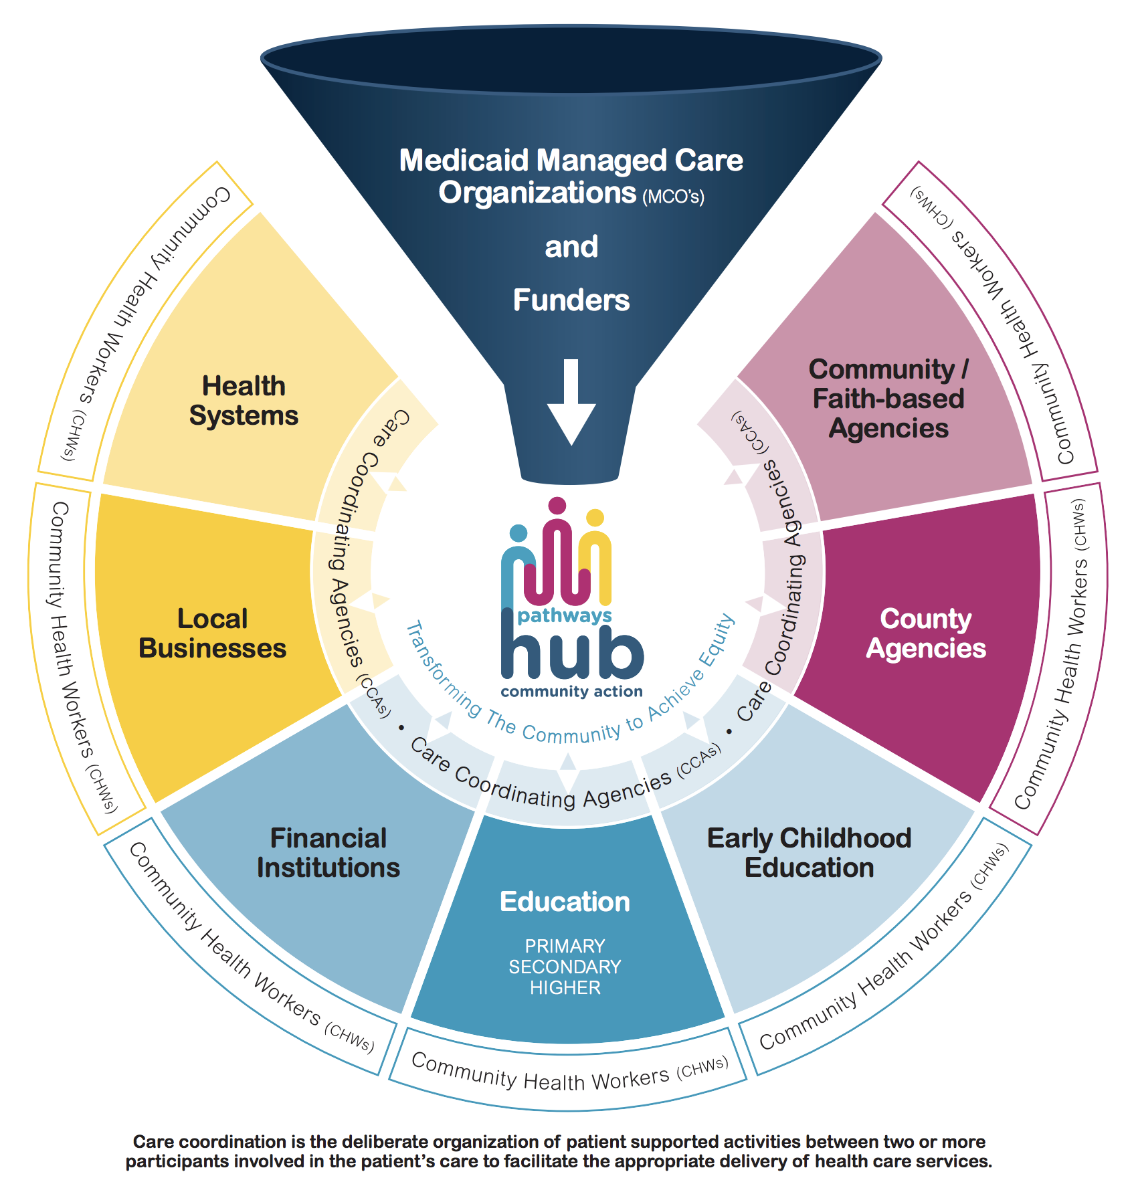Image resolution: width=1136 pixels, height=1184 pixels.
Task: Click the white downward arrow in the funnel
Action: pyautogui.click(x=571, y=401)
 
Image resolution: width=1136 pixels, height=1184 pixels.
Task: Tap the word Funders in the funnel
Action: pyautogui.click(x=571, y=300)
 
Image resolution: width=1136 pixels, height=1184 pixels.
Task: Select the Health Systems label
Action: pyautogui.click(x=244, y=401)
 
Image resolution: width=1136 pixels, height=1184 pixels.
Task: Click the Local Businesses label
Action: pyautogui.click(x=212, y=633)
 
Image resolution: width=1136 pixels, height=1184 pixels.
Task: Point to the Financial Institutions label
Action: pyautogui.click(x=328, y=853)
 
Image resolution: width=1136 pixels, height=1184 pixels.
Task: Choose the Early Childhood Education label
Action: pyautogui.click(x=809, y=853)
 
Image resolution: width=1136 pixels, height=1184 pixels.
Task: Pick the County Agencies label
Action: pyautogui.click(x=926, y=633)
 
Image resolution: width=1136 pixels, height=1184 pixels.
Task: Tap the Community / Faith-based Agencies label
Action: pyautogui.click(x=888, y=399)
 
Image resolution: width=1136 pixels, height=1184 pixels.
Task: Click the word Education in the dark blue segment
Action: pyautogui.click(x=565, y=902)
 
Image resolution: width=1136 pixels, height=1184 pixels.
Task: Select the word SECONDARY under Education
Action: pyautogui.click(x=565, y=967)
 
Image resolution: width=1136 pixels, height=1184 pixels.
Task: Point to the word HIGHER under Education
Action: pyautogui.click(x=565, y=988)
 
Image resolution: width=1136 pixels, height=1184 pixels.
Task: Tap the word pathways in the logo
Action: pyautogui.click(x=564, y=615)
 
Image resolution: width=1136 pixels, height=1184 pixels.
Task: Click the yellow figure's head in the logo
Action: pyautogui.click(x=595, y=518)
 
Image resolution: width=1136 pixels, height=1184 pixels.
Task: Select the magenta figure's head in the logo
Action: pyautogui.click(x=557, y=506)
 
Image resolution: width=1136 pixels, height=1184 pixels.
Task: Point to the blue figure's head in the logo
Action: pyautogui.click(x=518, y=533)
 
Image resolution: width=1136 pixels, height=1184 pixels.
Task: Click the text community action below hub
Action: pyautogui.click(x=571, y=692)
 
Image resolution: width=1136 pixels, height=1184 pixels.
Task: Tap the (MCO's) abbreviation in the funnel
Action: pyautogui.click(x=673, y=197)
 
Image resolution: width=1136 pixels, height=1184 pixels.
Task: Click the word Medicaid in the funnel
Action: pyautogui.click(x=464, y=161)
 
